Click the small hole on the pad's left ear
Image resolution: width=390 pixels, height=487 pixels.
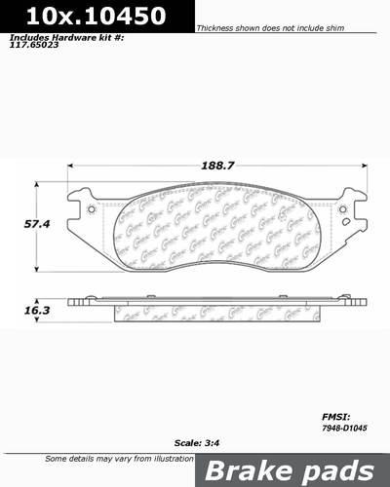click(x=92, y=208)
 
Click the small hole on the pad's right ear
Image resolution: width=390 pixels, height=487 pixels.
click(x=341, y=208)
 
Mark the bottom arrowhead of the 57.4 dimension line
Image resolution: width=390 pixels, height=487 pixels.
click(x=37, y=271)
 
